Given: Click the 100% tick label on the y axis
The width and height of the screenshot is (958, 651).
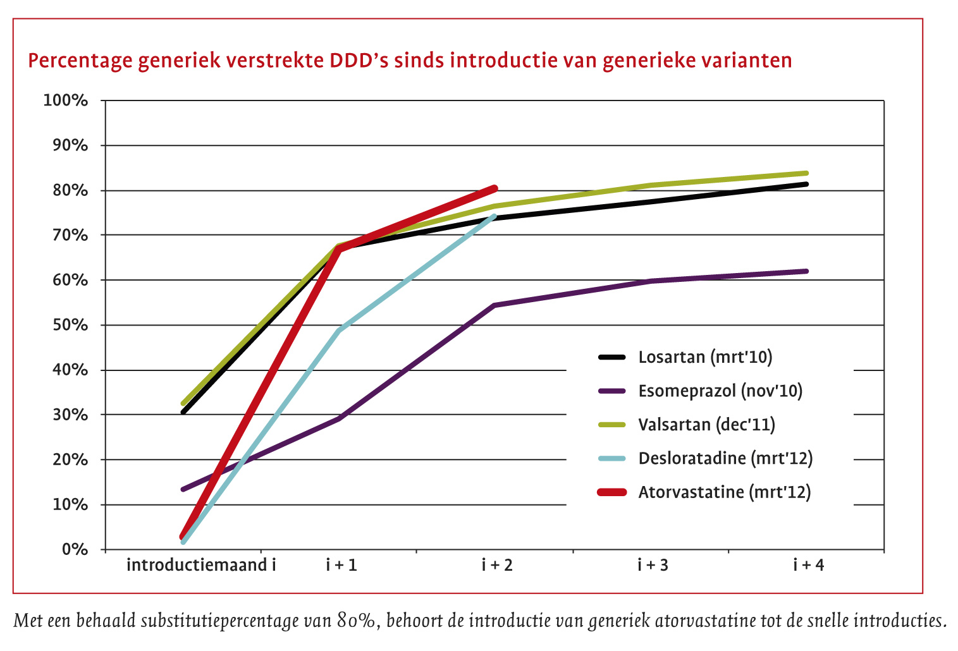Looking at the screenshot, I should click(x=65, y=100).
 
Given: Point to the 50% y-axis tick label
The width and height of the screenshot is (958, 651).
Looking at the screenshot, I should click(x=70, y=325).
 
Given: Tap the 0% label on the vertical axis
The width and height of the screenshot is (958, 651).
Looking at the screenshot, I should click(x=75, y=549).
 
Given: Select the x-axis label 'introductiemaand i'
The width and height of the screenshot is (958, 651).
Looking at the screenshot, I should click(x=201, y=564).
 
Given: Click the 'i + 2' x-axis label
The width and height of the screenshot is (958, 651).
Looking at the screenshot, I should click(x=497, y=564).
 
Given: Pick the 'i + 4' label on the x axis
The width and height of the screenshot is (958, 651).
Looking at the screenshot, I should click(x=809, y=564).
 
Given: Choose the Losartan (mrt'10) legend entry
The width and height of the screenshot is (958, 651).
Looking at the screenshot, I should click(x=705, y=357).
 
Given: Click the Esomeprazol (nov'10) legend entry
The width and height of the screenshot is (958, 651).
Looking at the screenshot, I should click(x=720, y=391).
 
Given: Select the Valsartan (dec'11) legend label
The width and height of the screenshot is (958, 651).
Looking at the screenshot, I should click(x=706, y=424).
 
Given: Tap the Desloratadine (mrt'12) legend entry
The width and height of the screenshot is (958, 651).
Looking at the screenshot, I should click(x=725, y=458).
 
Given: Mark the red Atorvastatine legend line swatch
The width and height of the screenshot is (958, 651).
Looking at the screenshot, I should click(x=611, y=492).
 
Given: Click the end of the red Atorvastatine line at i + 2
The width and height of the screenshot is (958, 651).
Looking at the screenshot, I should click(x=495, y=188).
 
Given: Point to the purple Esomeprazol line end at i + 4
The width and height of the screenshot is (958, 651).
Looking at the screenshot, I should click(x=806, y=271).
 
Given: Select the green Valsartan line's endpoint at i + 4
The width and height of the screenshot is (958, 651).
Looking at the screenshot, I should click(x=806, y=173).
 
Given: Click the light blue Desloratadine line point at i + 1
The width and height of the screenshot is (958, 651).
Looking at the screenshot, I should click(x=340, y=330).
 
